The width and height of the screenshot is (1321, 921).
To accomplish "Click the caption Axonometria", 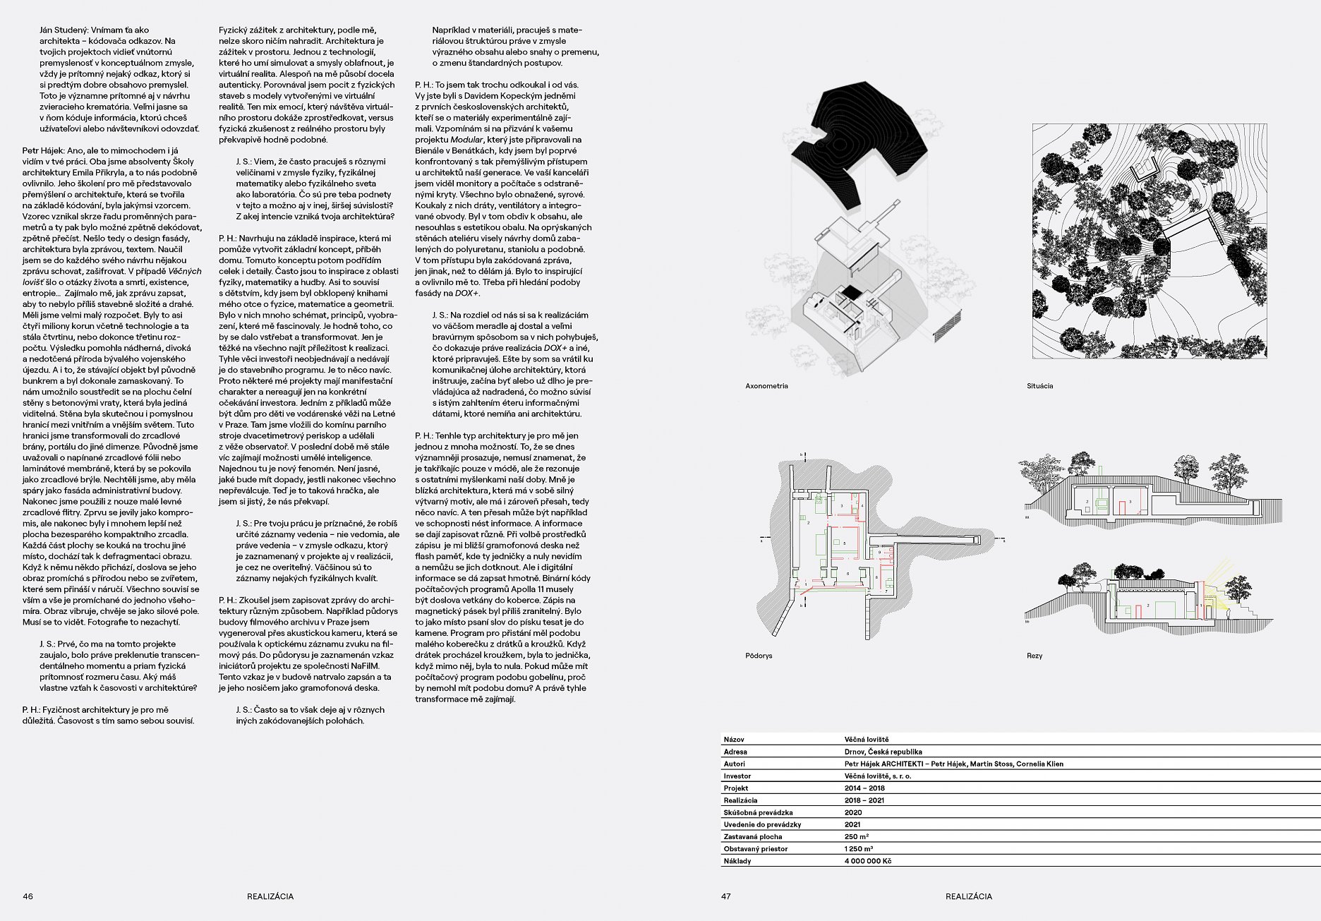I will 766,386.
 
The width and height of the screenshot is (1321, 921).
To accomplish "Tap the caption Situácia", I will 1039,386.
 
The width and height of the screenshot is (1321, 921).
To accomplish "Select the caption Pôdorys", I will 759,656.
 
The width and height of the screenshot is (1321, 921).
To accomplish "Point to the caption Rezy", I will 1034,656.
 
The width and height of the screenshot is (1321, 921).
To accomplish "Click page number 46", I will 28,896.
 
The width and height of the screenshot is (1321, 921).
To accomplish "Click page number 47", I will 726,896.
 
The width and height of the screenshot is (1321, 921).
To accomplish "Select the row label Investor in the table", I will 737,776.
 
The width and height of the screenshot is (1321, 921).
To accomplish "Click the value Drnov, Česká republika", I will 883,752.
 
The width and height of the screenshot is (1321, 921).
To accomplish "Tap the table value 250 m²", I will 856,836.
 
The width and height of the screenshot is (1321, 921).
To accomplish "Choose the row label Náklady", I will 737,861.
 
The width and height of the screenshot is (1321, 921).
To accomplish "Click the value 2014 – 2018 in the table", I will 864,788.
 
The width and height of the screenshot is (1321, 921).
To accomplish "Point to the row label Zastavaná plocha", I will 752,836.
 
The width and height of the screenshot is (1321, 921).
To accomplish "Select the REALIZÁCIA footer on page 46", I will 270,896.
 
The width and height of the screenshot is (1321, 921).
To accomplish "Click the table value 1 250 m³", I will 858,849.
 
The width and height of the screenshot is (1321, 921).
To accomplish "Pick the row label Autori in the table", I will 734,764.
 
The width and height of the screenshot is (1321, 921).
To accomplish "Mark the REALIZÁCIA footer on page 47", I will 968,896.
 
